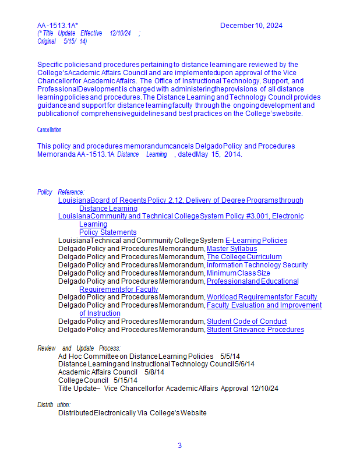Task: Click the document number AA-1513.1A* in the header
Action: point(58,26)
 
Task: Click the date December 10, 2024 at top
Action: point(251,26)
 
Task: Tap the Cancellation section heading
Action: point(49,130)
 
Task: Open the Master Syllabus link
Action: point(232,249)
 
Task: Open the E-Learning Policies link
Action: point(256,241)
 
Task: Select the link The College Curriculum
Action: point(244,257)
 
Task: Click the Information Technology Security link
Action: point(257,265)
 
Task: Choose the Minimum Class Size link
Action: point(238,273)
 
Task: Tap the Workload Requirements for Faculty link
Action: point(262,297)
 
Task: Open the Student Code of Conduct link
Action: point(246,322)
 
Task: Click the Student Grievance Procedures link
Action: point(255,330)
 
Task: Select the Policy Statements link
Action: point(108,232)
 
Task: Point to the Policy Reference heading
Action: point(61,192)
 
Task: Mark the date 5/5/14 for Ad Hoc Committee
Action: point(230,356)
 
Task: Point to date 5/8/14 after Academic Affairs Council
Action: point(154,372)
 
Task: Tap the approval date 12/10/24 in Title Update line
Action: point(266,389)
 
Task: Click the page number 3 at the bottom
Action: point(179,446)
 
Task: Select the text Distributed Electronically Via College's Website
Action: point(132,413)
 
